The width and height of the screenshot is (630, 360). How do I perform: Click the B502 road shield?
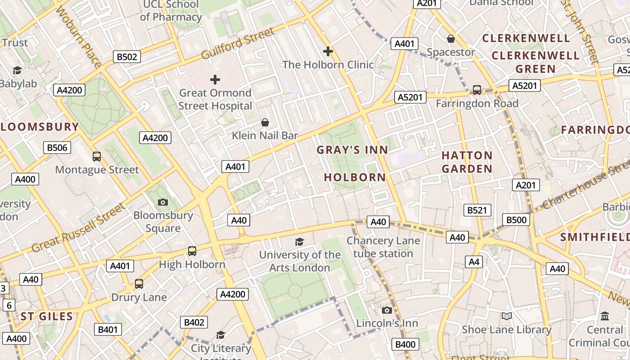tap(126, 57)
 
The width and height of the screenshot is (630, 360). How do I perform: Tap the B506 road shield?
tap(57, 147)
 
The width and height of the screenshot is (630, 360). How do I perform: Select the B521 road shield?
tap(477, 210)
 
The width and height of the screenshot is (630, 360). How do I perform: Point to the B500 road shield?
tap(516, 220)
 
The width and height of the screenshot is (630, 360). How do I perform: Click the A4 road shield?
tap(474, 261)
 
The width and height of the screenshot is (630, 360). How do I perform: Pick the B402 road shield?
tap(194, 322)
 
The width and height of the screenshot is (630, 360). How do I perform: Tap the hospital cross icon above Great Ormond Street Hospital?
tap(215, 80)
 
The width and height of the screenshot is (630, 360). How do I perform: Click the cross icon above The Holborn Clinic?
tap(328, 51)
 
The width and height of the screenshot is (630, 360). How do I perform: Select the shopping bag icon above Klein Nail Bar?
tap(265, 122)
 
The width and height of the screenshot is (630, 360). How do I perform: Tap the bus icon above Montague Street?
tap(97, 157)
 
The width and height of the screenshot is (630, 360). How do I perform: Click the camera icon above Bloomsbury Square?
tap(163, 202)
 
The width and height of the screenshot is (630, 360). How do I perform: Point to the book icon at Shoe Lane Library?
tap(507, 316)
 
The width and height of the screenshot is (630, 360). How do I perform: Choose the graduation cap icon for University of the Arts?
tap(300, 242)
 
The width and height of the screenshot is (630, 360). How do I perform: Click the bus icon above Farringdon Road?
tap(477, 90)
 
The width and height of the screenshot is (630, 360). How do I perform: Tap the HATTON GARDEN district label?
tap(467, 162)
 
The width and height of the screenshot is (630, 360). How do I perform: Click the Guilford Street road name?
tap(238, 44)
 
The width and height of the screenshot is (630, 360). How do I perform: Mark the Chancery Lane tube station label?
tap(383, 247)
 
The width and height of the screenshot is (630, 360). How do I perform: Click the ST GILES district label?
tap(47, 316)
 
